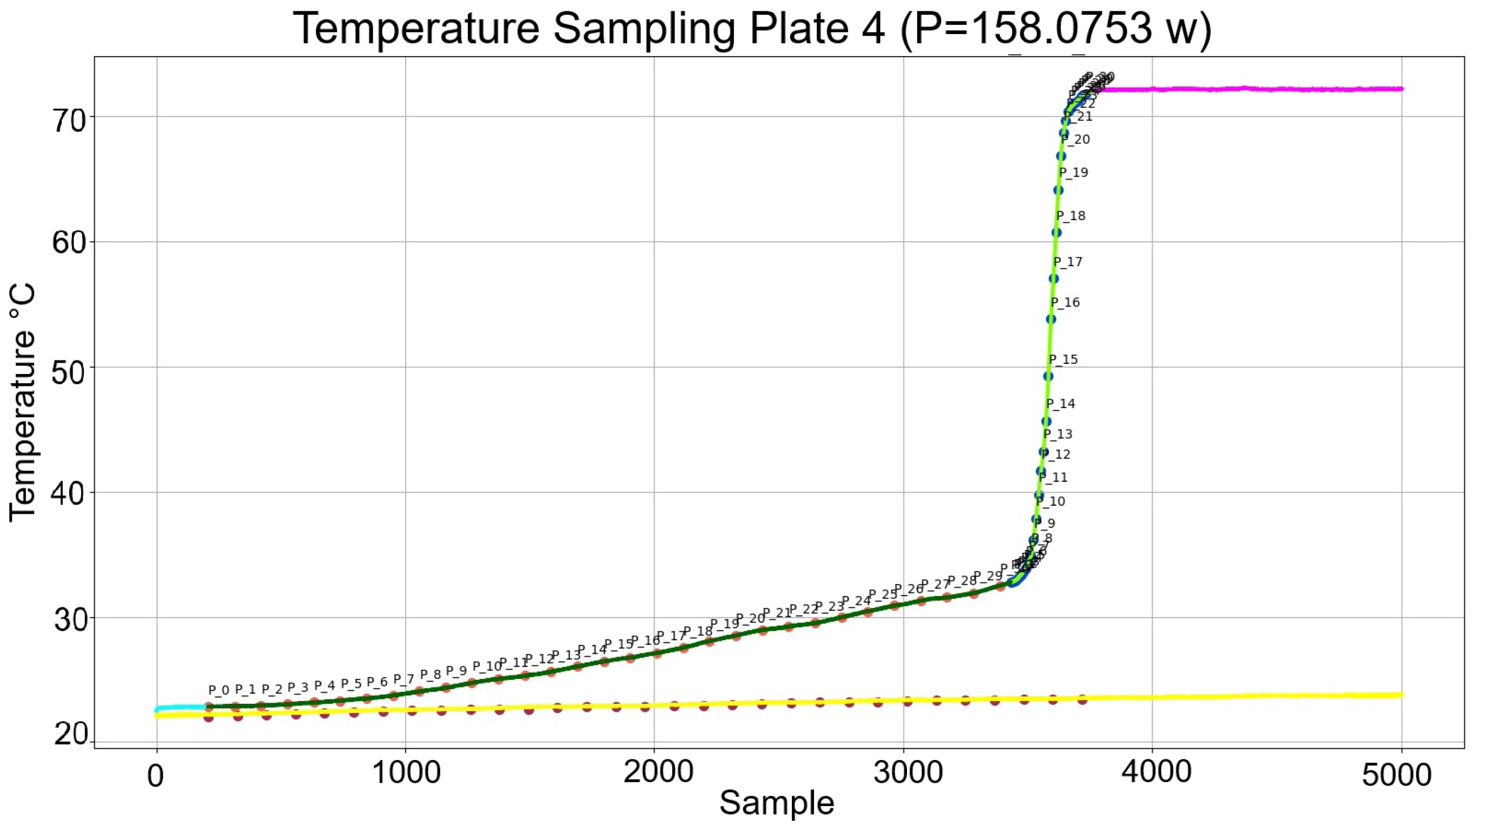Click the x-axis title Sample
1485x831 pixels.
click(776, 803)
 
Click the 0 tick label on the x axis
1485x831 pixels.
click(155, 775)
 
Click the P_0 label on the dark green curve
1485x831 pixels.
click(218, 690)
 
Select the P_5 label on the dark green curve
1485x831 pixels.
click(351, 684)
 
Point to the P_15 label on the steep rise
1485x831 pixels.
click(1063, 360)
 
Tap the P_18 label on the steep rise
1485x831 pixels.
click(1070, 216)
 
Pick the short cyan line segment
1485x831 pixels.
click(179, 708)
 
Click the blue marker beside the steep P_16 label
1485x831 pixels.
click(1051, 320)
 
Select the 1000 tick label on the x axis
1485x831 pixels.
click(405, 773)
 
